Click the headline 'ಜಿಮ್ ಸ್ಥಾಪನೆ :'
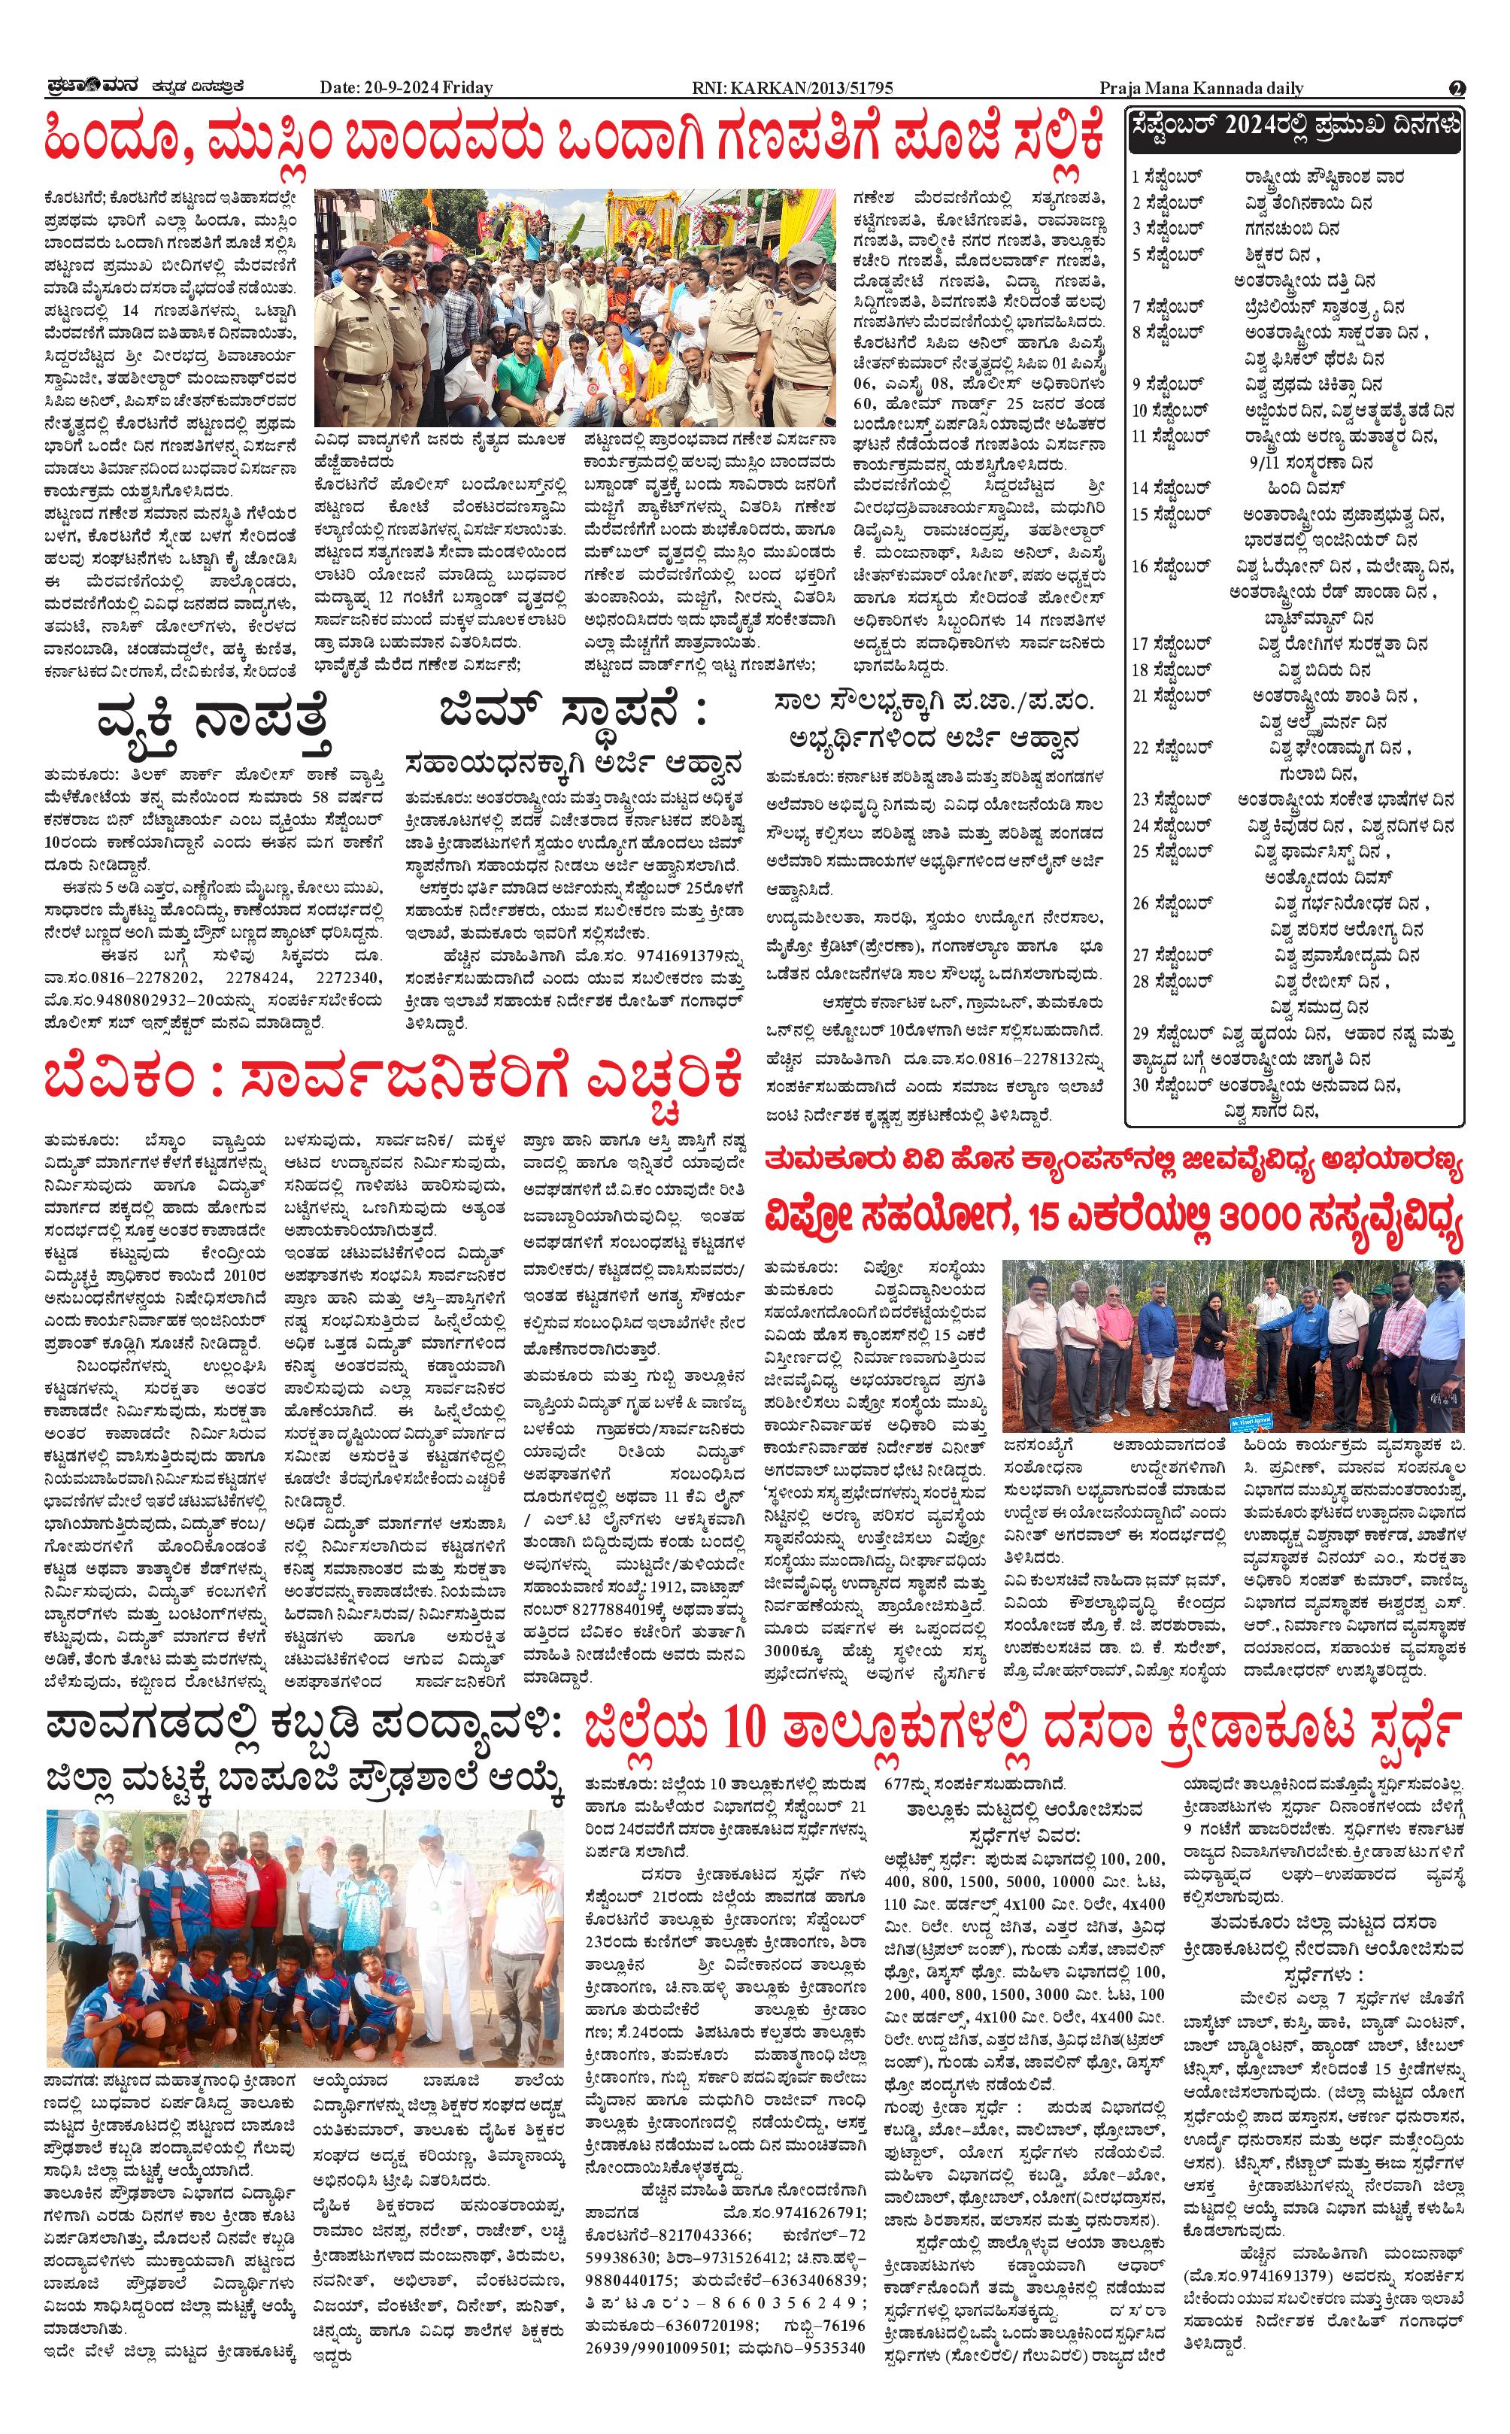(x=572, y=711)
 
